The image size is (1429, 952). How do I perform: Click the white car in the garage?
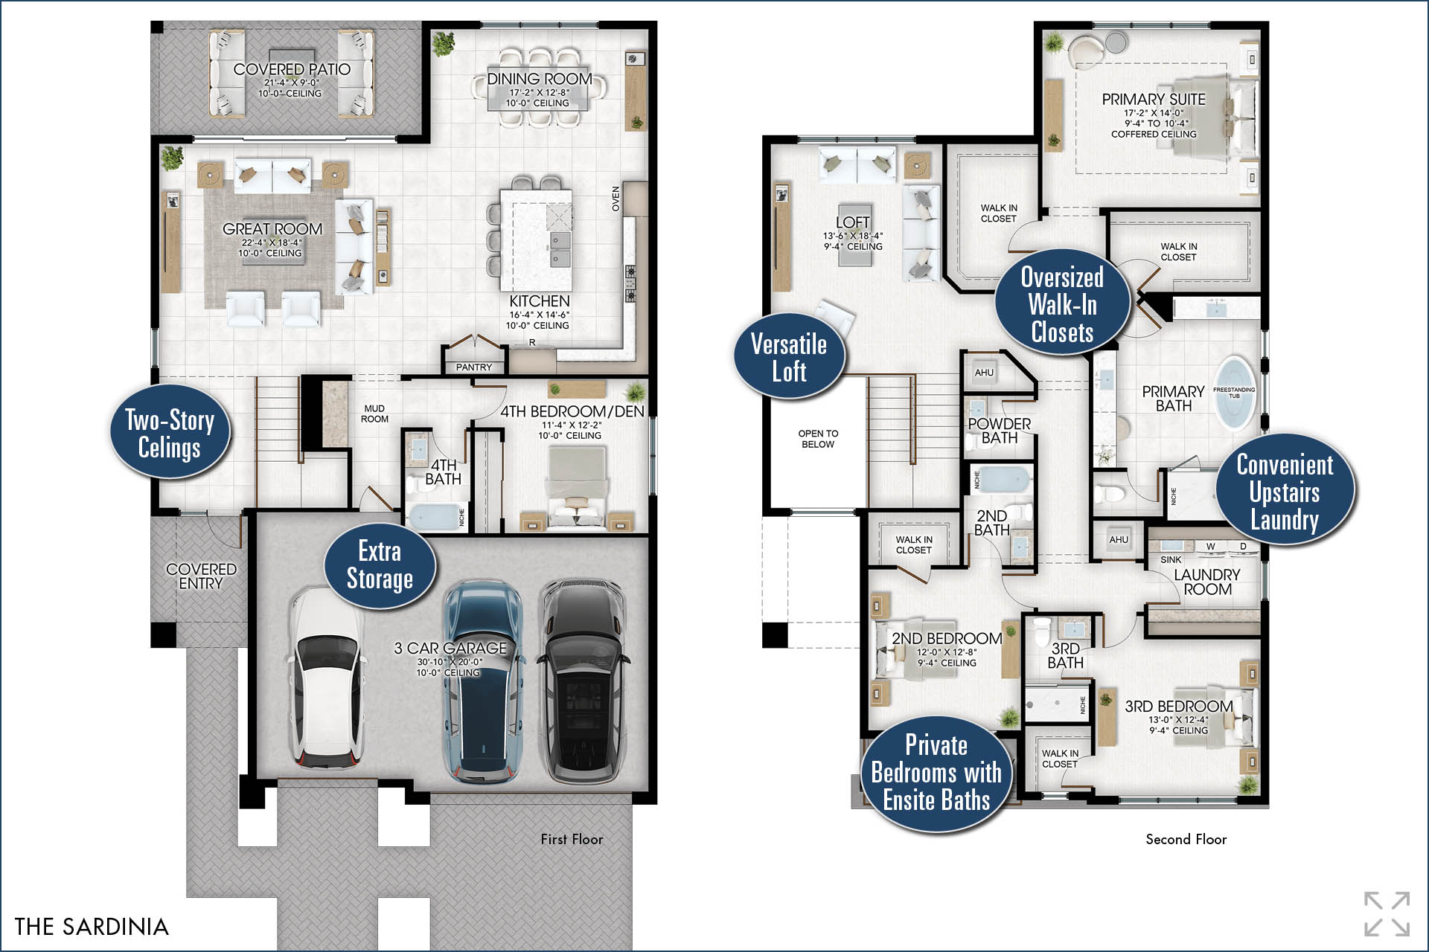tap(327, 678)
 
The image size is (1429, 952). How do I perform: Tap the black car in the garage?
tap(583, 681)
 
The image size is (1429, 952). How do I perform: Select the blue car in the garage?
tap(483, 681)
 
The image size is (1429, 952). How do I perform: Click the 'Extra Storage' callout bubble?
tap(380, 565)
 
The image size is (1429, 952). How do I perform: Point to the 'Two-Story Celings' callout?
tap(170, 433)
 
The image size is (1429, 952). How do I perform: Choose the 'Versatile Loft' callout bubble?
tap(789, 357)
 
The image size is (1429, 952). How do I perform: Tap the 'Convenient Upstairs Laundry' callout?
tap(1285, 491)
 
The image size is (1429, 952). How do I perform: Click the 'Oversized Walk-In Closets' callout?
tap(1062, 303)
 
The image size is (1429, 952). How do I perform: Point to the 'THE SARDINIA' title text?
tap(92, 927)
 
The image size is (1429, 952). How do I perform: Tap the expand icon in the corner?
tap(1387, 913)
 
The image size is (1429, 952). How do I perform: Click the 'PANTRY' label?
tap(474, 367)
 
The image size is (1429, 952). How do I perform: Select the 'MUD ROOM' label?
tap(374, 414)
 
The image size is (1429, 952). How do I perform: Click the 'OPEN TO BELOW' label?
tap(818, 439)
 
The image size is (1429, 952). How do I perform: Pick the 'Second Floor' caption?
tap(1186, 839)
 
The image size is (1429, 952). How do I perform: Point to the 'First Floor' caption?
tap(572, 839)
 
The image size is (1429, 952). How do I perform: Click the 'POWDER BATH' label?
tap(1000, 431)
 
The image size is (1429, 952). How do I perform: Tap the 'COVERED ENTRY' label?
tap(201, 576)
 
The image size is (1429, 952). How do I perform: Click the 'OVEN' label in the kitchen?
tap(616, 199)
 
